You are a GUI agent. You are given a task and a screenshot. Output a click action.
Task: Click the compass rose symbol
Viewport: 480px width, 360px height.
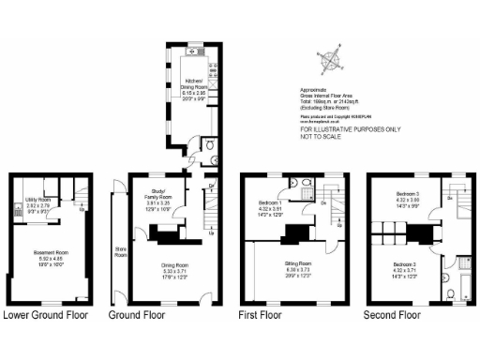click(331, 65)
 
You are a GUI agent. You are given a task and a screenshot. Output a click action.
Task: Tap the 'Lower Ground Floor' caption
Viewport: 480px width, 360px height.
click(46, 315)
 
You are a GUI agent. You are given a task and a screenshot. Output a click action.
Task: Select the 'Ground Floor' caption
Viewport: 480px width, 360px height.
click(143, 315)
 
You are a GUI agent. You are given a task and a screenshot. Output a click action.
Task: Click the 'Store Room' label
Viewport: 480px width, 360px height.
click(119, 250)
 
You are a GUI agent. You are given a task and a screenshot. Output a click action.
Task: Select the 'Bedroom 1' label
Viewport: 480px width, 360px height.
click(270, 203)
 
